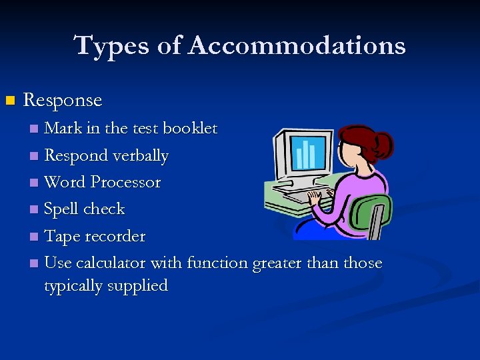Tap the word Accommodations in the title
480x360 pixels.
297,46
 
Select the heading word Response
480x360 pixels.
63,101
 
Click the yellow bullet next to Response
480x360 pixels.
9,101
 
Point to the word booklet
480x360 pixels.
189,128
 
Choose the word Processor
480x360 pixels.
125,182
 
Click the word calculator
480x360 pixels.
111,263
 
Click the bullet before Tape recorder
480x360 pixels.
34,237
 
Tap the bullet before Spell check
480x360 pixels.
34,210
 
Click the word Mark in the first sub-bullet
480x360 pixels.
59,128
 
